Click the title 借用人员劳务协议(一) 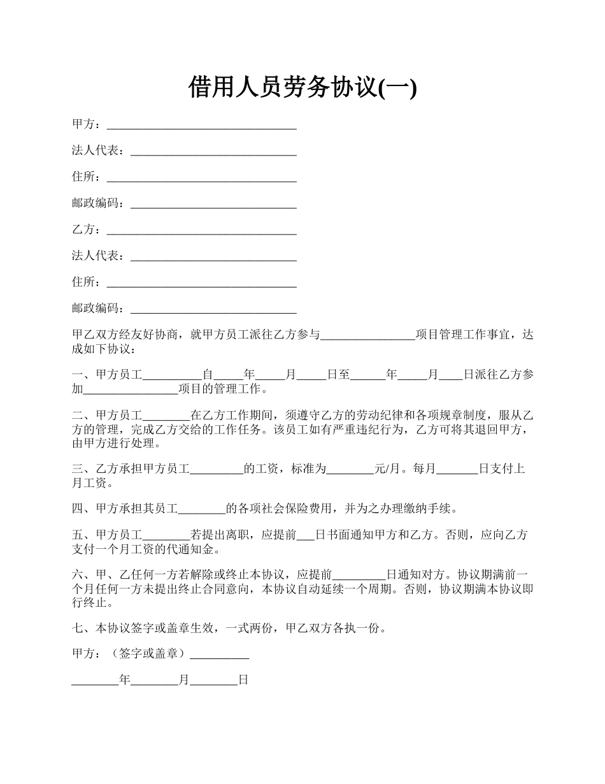coord(302,87)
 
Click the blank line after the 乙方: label coord(202,229)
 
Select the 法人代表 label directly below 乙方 coord(97,256)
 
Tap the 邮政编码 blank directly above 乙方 coord(213,203)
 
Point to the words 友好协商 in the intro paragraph coord(160,335)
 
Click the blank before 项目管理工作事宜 coord(367,335)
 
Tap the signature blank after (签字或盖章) coord(219,654)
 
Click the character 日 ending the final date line coord(243,681)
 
